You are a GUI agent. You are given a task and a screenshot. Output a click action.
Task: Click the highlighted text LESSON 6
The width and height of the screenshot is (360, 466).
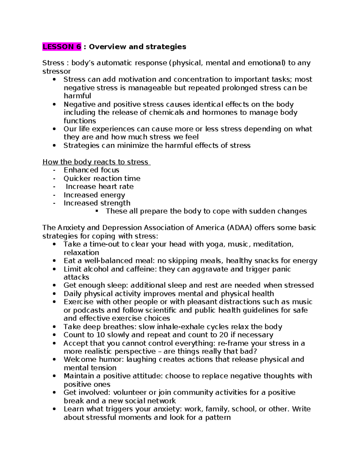click(62, 47)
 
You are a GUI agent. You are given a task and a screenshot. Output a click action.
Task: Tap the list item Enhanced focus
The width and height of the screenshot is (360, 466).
click(91, 170)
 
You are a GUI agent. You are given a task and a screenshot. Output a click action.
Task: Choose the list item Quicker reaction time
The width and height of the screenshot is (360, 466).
click(102, 179)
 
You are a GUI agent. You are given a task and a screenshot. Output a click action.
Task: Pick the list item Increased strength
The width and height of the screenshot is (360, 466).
click(97, 203)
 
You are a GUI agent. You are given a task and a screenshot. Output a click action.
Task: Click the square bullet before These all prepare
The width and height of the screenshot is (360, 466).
click(97, 211)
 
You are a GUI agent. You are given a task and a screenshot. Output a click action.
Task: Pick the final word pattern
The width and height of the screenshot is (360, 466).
click(218, 417)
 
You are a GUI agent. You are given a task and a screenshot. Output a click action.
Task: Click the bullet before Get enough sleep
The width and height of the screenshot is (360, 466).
click(54, 286)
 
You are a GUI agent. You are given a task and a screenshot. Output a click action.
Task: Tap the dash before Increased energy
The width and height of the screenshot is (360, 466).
click(54, 195)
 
